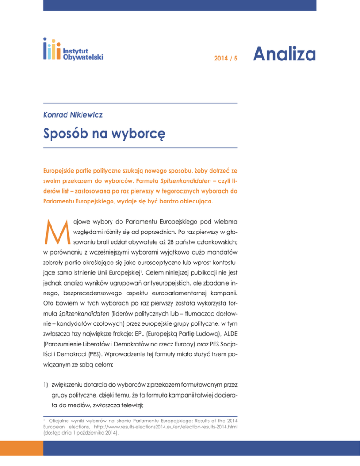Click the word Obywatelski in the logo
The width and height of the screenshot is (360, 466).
(83, 56)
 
